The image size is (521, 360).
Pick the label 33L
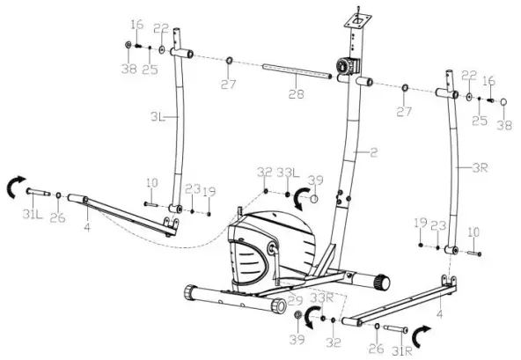click(286, 172)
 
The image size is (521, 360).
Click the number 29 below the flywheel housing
click(296, 301)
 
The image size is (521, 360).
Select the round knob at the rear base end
click(381, 282)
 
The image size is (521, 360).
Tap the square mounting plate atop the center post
click(359, 16)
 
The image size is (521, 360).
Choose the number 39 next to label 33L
click(316, 180)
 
